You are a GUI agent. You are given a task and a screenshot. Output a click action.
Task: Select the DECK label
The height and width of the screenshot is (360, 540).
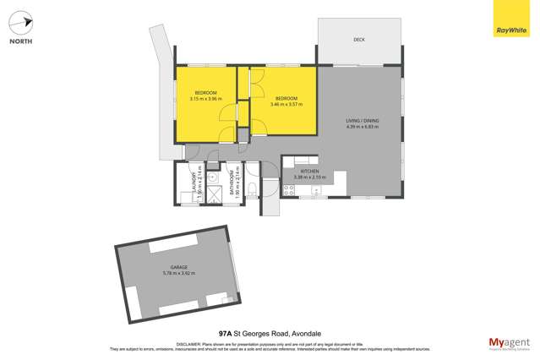[x=358, y=40]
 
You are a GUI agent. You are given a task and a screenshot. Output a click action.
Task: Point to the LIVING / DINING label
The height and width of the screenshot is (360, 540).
[x=362, y=121]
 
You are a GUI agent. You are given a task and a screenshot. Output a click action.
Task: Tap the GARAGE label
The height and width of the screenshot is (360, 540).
[x=177, y=267]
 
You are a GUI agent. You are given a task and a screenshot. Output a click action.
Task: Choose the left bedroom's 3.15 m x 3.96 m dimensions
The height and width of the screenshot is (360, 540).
[x=205, y=99]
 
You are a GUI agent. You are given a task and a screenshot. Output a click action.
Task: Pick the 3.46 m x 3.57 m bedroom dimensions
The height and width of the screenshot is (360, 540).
[x=285, y=105]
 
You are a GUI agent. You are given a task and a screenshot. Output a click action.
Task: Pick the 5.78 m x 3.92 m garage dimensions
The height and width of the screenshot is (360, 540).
[x=177, y=274]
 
